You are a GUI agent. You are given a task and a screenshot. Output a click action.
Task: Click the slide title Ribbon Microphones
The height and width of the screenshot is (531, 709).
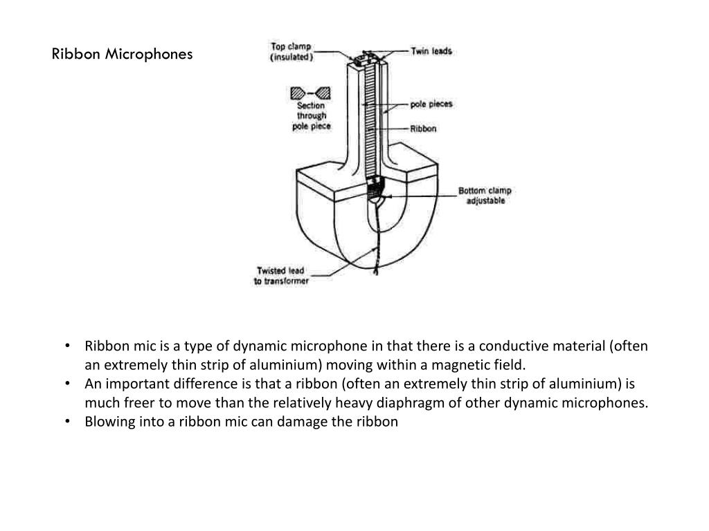pyautogui.click(x=123, y=54)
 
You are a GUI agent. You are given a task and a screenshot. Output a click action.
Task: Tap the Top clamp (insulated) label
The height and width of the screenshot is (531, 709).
pyautogui.click(x=291, y=52)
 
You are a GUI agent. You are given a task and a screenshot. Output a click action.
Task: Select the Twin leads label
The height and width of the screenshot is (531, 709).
pyautogui.click(x=431, y=51)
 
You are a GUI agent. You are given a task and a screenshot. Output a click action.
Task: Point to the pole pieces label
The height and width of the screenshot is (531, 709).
pyautogui.click(x=431, y=104)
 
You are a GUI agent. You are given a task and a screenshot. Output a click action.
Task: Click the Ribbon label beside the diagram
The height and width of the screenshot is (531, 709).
pyautogui.click(x=423, y=129)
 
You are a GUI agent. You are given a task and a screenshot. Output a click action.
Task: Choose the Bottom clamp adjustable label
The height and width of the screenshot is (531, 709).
pyautogui.click(x=485, y=195)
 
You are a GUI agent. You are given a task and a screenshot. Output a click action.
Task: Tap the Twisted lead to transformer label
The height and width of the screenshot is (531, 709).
pyautogui.click(x=281, y=276)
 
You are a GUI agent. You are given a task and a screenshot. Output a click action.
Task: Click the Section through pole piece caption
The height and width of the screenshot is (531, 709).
pyautogui.click(x=311, y=116)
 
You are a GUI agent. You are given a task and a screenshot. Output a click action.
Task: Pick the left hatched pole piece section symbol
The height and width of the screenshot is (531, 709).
pyautogui.click(x=298, y=93)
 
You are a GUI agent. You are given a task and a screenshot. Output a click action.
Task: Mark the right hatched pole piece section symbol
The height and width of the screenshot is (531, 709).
pyautogui.click(x=323, y=93)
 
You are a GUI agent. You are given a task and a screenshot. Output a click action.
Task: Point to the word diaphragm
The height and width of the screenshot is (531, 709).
pyautogui.click(x=418, y=403)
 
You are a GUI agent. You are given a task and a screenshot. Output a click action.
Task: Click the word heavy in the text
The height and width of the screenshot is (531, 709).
pyautogui.click(x=378, y=403)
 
